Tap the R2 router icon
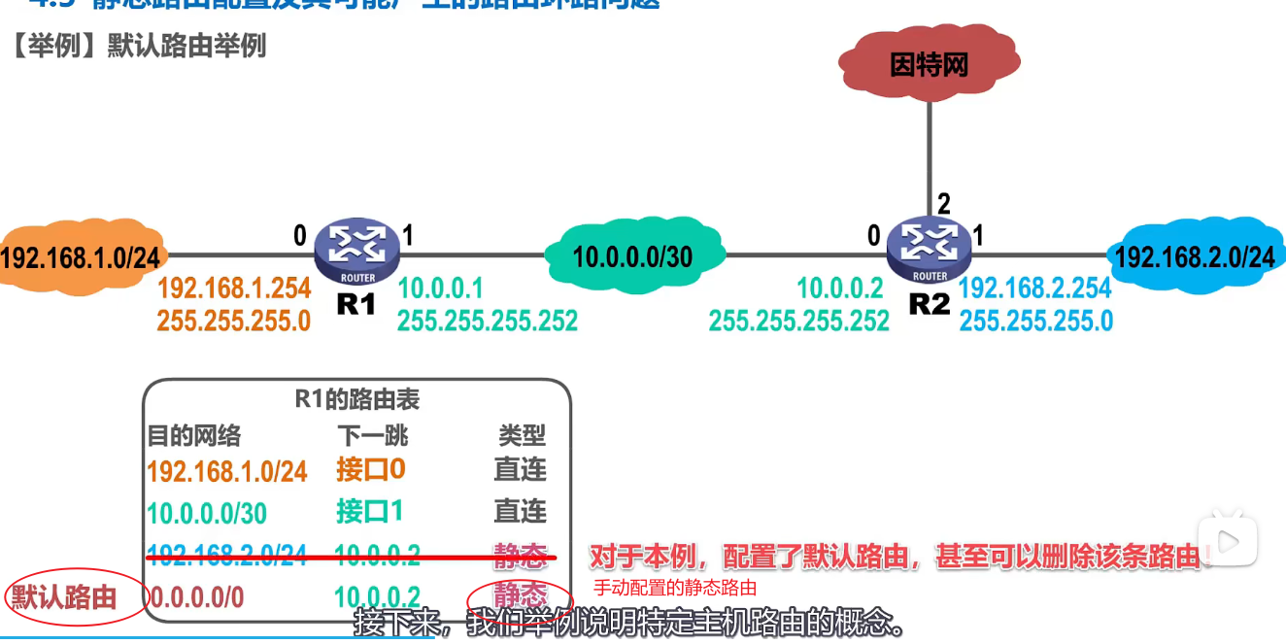tap(929, 248)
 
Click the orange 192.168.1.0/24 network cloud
tap(80, 257)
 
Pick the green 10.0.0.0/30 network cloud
tap(632, 256)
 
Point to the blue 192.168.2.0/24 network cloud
tap(1194, 256)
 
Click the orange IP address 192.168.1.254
tap(234, 288)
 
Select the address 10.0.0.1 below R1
tap(440, 288)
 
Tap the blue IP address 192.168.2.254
tap(1035, 288)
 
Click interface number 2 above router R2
tap(943, 204)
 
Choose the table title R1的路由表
tap(357, 399)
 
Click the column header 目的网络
tap(193, 434)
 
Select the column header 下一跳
tap(372, 434)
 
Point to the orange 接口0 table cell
tap(370, 470)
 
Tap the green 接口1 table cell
tap(370, 512)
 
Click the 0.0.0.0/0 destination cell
tap(196, 597)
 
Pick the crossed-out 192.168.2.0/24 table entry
tap(226, 556)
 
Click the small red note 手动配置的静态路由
tap(675, 588)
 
